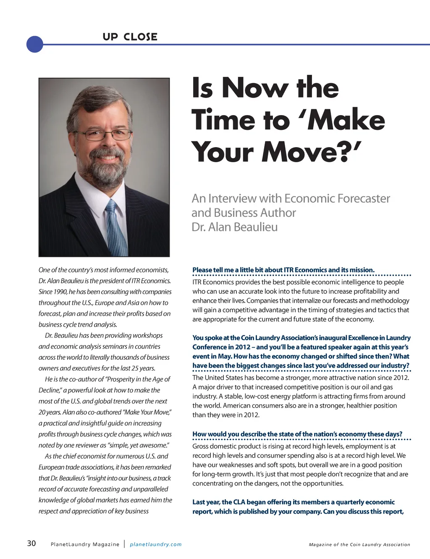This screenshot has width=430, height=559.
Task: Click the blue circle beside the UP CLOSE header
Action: (x=35, y=44)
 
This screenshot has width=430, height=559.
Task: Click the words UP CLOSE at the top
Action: (x=130, y=37)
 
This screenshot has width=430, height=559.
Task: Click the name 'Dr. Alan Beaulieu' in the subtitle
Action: (x=234, y=227)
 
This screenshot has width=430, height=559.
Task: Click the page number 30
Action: (x=31, y=543)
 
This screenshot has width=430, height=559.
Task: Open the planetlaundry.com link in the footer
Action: (x=156, y=544)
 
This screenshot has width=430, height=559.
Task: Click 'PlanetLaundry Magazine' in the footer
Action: (x=85, y=544)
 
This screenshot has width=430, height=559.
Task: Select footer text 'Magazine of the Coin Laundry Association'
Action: (x=359, y=545)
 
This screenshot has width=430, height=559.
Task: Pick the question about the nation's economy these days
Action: (x=297, y=434)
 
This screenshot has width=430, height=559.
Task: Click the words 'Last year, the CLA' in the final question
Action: (x=219, y=502)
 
